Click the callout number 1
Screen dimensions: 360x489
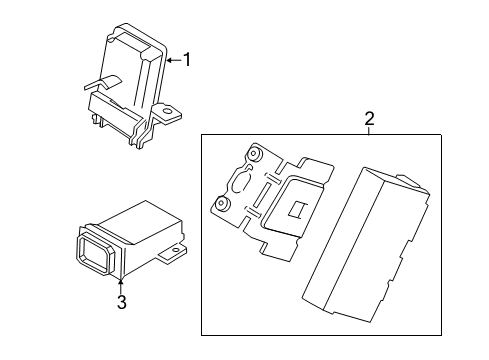[185, 60]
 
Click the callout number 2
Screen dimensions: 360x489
[368, 120]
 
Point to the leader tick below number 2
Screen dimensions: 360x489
[368, 133]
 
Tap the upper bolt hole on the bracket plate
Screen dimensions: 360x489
[254, 155]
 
